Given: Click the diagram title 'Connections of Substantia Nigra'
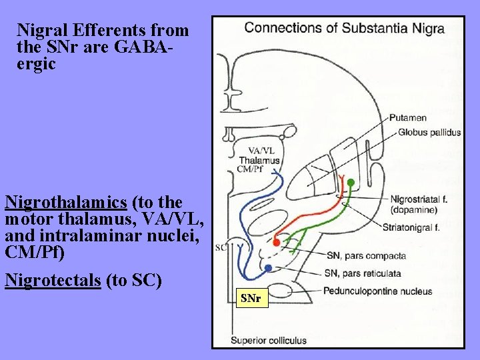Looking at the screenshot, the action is [344, 29].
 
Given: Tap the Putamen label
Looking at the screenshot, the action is [408, 118].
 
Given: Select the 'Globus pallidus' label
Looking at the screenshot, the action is [429, 132].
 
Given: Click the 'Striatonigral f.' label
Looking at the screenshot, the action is [411, 227].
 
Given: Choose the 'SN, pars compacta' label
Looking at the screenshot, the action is [366, 255].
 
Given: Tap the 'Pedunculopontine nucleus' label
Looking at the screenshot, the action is [377, 291].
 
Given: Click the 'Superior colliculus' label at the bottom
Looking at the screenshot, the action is [269, 341].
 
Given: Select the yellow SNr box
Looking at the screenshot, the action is [251, 299].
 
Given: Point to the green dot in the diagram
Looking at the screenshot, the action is [351, 182].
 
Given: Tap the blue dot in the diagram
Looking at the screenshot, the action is [268, 268].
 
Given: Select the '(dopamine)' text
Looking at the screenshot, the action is [414, 209].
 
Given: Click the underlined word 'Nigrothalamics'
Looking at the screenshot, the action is [65, 201].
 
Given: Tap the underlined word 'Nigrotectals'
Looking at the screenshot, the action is [53, 280].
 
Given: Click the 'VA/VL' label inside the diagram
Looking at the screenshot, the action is [261, 151].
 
